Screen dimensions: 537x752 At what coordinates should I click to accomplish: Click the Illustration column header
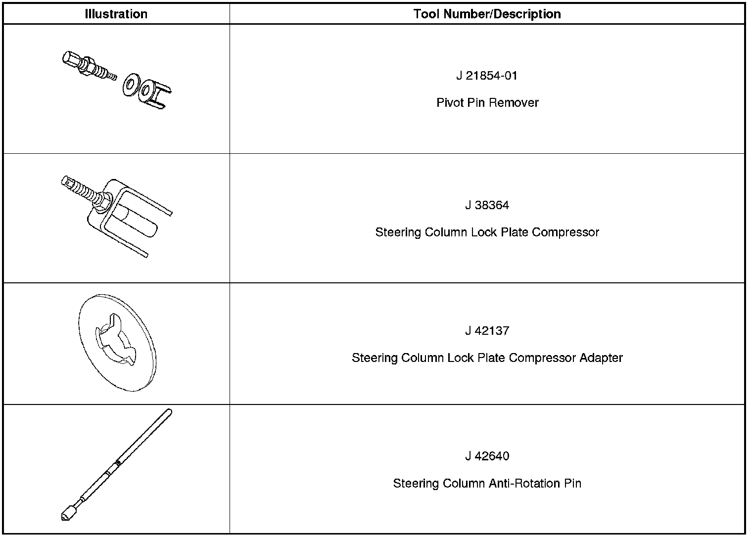click(x=116, y=14)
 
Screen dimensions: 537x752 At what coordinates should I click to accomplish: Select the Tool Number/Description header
click(x=487, y=14)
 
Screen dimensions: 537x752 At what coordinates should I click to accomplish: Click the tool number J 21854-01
click(x=487, y=76)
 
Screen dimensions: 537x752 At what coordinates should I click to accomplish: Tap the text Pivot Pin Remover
click(x=487, y=103)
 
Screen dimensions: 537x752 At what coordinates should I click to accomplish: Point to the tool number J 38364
click(x=487, y=205)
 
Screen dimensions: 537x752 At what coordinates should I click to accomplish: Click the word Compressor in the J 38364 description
click(x=565, y=232)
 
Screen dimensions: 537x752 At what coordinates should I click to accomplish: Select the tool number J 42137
click(x=487, y=331)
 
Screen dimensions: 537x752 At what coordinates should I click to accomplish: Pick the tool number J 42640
click(x=487, y=456)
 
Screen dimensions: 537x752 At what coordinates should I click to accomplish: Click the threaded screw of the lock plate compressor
click(x=84, y=190)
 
